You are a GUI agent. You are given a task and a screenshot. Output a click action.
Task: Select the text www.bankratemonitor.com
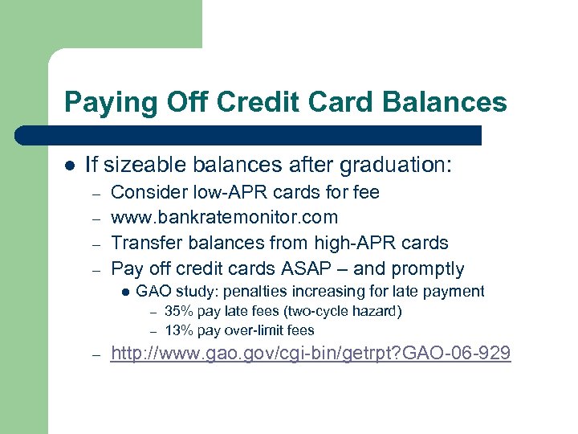coord(224,217)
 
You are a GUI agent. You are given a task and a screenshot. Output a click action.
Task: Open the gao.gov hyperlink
coord(310,353)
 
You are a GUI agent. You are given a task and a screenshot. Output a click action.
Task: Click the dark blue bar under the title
coord(265,135)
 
